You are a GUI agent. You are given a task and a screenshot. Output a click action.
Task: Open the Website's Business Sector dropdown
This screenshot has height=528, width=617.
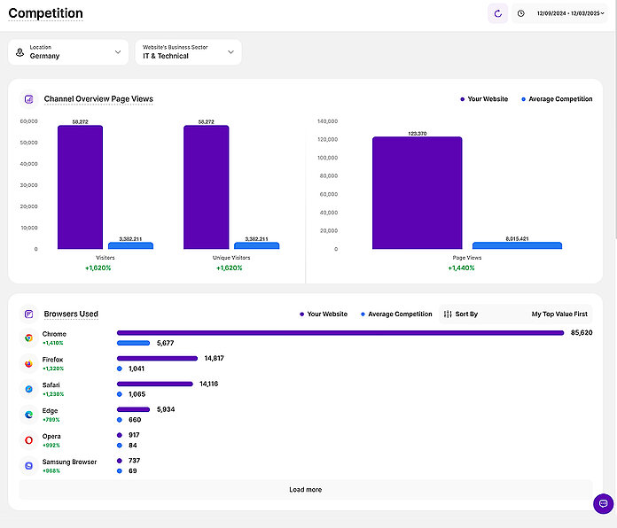[x=187, y=52]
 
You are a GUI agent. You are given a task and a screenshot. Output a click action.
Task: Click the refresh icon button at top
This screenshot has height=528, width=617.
[x=497, y=13]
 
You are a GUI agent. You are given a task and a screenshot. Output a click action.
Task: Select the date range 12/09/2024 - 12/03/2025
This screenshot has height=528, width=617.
[x=570, y=13]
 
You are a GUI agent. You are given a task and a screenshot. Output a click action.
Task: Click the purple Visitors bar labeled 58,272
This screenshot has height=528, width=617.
[x=80, y=187]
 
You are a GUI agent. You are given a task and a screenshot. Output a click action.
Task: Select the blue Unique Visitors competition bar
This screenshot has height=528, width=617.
[x=256, y=245]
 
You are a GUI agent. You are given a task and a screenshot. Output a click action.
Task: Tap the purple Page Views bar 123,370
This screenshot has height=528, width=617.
[x=417, y=192]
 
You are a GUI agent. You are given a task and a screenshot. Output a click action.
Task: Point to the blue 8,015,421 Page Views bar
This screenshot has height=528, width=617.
[x=517, y=245]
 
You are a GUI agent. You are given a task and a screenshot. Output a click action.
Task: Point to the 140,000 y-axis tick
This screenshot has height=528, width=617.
[x=327, y=121]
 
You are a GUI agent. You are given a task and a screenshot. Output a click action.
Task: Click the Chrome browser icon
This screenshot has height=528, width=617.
[x=28, y=338]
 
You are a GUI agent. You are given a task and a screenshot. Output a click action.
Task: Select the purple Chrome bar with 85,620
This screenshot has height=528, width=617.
[x=340, y=333]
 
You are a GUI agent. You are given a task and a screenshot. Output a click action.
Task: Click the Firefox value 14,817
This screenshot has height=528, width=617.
[x=214, y=358]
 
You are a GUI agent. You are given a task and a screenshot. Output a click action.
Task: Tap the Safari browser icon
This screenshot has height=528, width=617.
[x=28, y=389]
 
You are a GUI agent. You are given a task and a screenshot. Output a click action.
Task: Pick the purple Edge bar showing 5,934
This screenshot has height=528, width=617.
[x=134, y=409]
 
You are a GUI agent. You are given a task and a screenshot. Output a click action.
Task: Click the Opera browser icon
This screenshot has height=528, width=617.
[x=28, y=439]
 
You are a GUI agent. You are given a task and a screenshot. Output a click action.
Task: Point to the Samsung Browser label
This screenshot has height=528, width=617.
[x=69, y=462]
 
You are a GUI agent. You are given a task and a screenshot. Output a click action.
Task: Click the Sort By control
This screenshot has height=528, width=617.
[x=461, y=314]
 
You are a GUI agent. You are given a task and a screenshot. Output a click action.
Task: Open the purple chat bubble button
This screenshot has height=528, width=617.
[x=603, y=503]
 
